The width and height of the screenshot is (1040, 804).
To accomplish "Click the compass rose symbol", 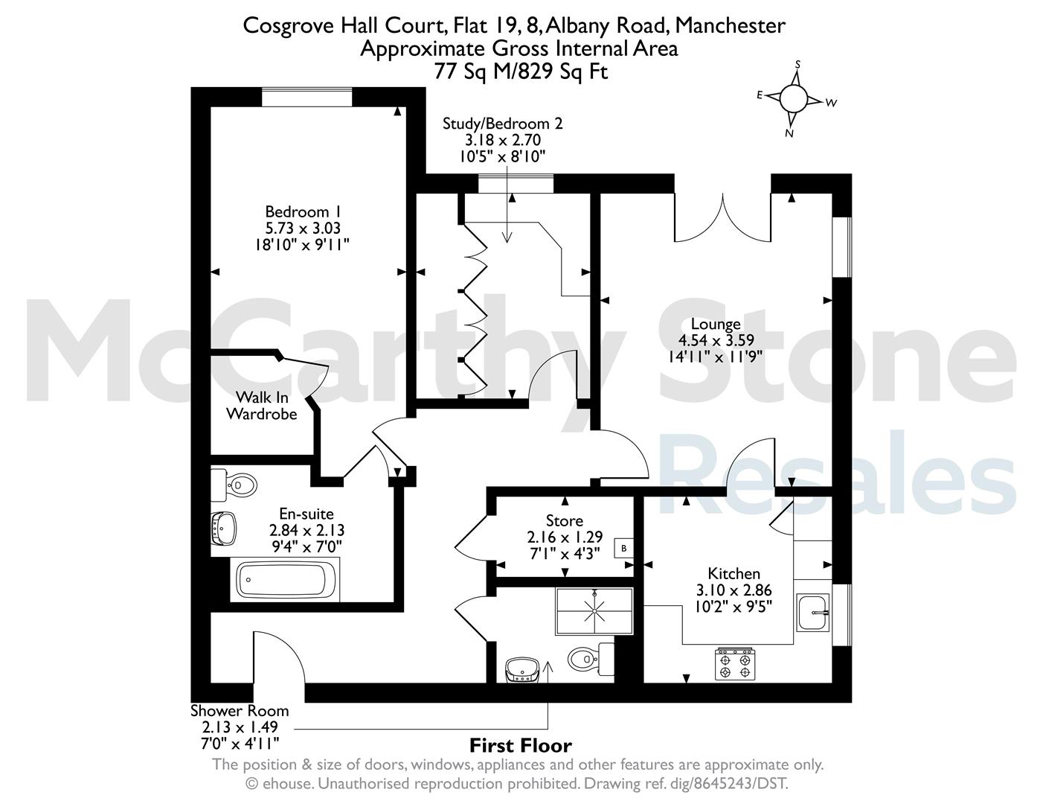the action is tap(793, 98).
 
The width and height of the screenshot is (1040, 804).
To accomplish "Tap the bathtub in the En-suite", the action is tap(285, 579).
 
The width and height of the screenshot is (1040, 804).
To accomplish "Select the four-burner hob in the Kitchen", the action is tap(735, 664).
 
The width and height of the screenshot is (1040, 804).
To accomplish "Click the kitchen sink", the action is tap(812, 613).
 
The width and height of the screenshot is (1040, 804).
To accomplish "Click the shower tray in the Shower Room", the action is tap(594, 611).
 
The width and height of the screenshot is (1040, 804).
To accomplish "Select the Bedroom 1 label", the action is tap(303, 211).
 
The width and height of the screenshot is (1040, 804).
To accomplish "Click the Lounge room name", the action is tap(716, 324).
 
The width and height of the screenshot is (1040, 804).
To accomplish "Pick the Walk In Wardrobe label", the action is tap(262, 405).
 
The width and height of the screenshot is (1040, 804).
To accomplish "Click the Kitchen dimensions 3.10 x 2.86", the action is tap(734, 590).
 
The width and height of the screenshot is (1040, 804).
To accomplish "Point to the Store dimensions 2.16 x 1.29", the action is tap(565, 537).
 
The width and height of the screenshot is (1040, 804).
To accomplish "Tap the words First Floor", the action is tap(520, 745).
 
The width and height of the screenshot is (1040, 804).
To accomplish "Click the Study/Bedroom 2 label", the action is tap(503, 124).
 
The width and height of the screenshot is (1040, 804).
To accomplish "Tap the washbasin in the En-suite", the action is tap(223, 529).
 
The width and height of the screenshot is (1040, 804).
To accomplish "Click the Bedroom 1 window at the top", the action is tap(306, 97).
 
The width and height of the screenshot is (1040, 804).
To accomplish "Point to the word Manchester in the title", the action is tap(730, 25).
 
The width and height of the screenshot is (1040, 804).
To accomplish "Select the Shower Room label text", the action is tap(240, 711).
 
